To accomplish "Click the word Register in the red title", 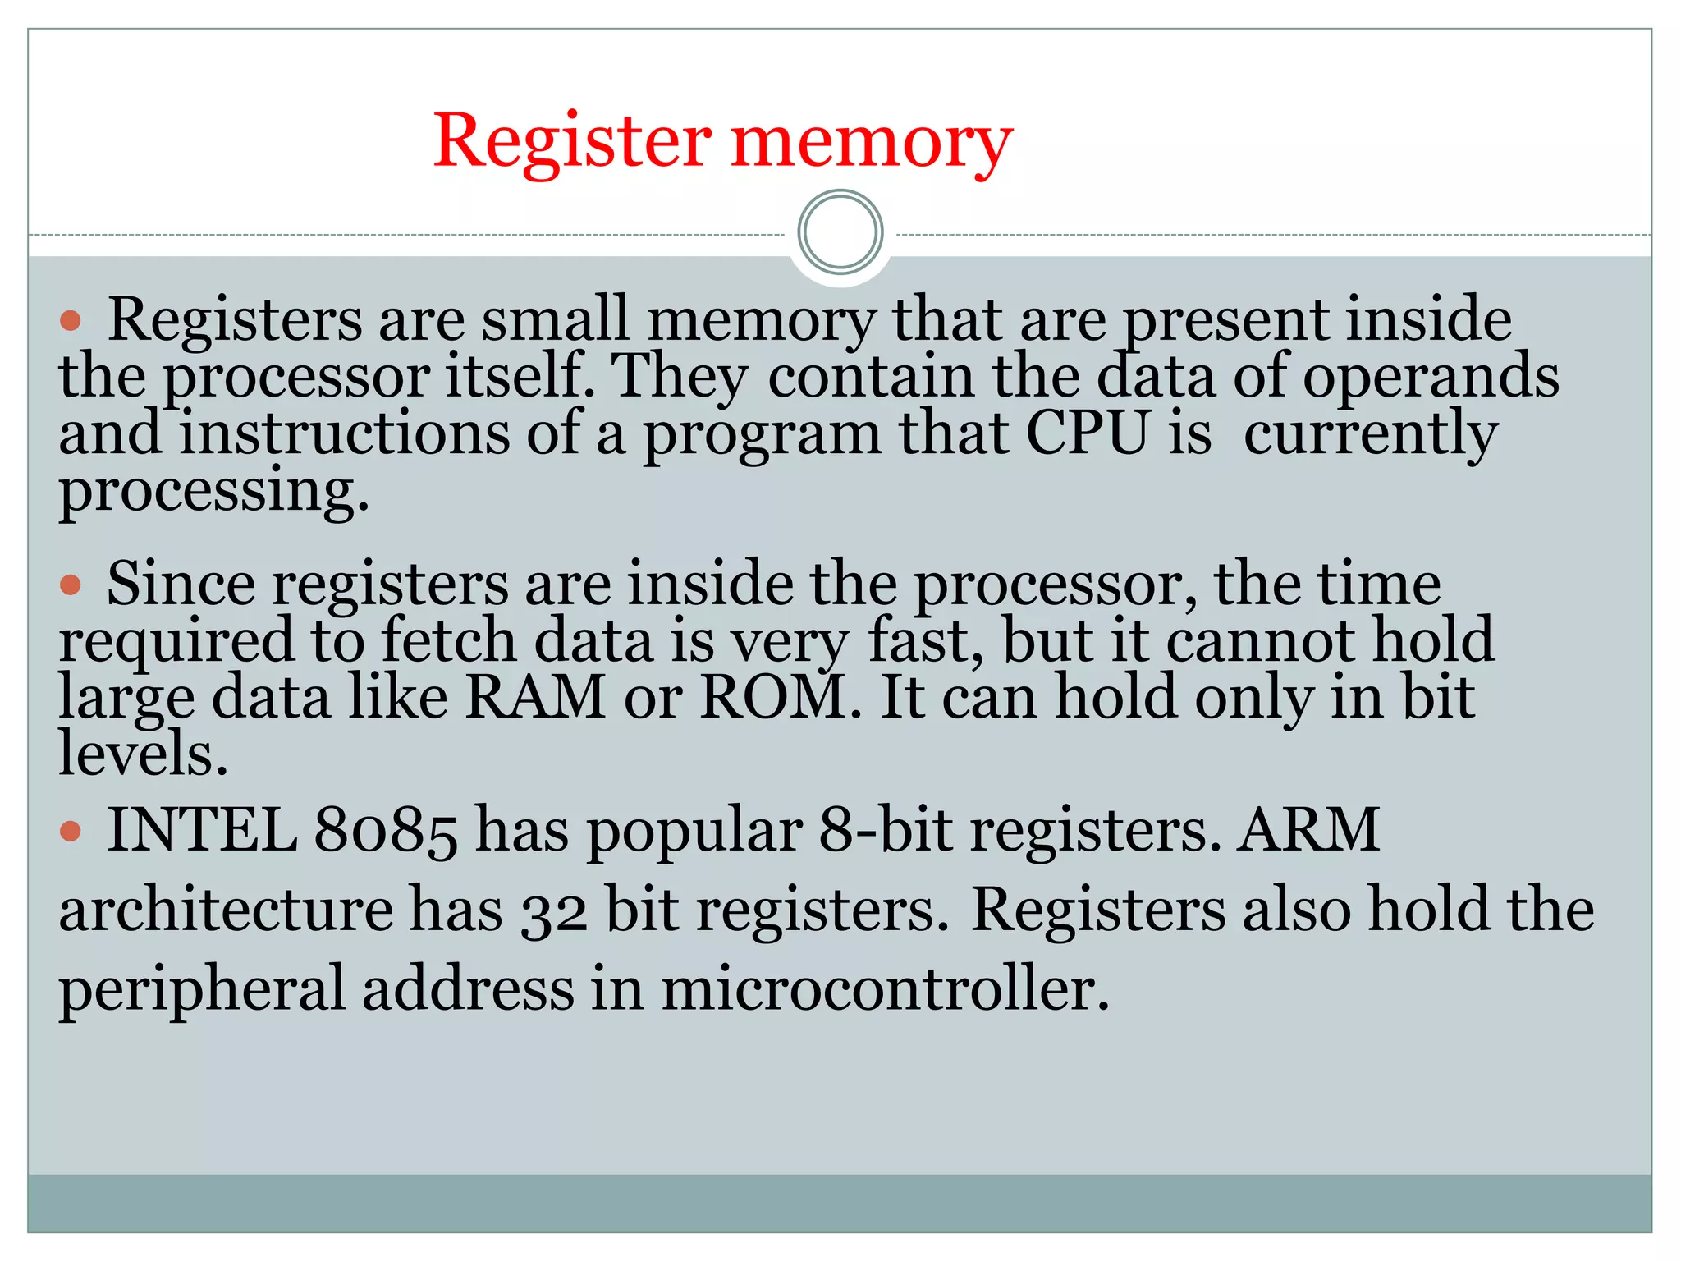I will (x=572, y=141).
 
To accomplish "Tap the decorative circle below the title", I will (x=840, y=232).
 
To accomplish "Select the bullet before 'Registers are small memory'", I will (x=71, y=320).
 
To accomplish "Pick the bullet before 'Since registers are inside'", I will (x=71, y=585).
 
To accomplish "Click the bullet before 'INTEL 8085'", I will (x=71, y=831).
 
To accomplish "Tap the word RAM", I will (x=535, y=697).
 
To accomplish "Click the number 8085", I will (x=385, y=831).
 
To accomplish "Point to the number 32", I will (x=554, y=911).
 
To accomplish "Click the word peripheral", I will (x=202, y=990).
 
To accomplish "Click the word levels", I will (x=141, y=754).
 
